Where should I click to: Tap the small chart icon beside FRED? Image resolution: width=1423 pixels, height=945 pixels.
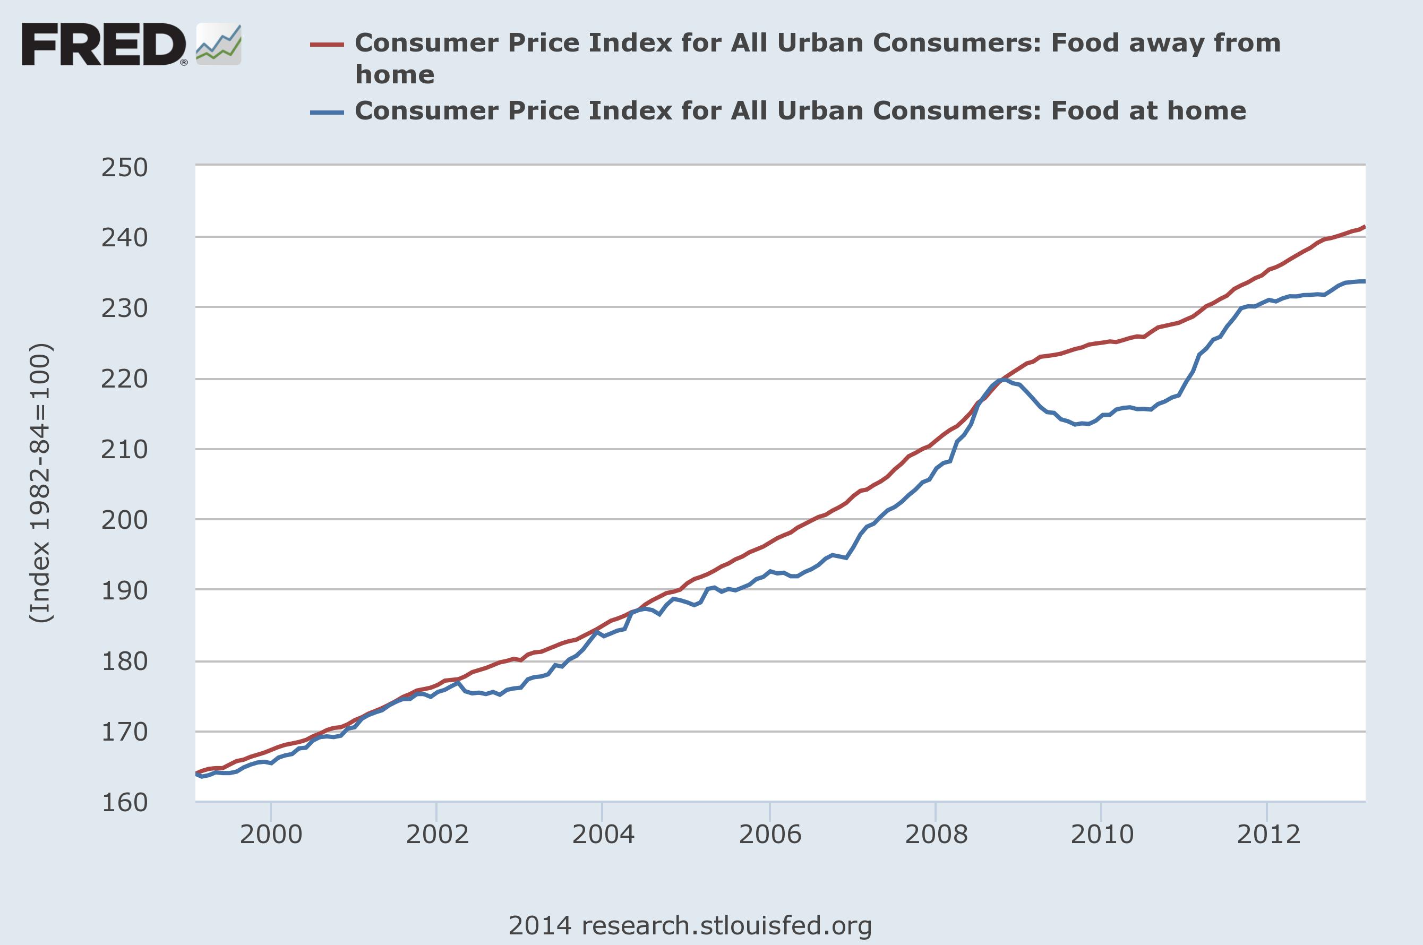point(219,45)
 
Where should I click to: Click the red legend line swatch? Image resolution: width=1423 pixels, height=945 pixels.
point(327,45)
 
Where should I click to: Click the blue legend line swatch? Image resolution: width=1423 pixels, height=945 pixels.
point(327,112)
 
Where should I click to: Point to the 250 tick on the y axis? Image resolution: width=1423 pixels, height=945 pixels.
point(124,168)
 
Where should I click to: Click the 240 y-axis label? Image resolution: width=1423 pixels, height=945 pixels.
point(124,238)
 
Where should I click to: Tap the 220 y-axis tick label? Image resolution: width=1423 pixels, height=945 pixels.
point(124,379)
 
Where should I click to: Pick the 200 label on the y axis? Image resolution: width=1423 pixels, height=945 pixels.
point(124,520)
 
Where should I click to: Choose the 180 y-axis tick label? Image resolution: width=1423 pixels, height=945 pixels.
point(124,661)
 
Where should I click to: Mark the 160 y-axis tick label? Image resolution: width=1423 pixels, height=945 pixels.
point(124,802)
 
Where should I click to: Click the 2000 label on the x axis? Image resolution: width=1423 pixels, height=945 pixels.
point(271,835)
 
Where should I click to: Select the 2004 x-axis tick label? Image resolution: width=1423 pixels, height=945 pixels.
point(603,835)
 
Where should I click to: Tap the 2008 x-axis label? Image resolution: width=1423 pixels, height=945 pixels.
point(936,835)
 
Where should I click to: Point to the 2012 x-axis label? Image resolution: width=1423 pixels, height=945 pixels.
point(1267,835)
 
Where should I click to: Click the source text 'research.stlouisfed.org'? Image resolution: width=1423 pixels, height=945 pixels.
point(726,925)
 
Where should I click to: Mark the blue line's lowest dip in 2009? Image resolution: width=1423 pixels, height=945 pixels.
point(1075,425)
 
